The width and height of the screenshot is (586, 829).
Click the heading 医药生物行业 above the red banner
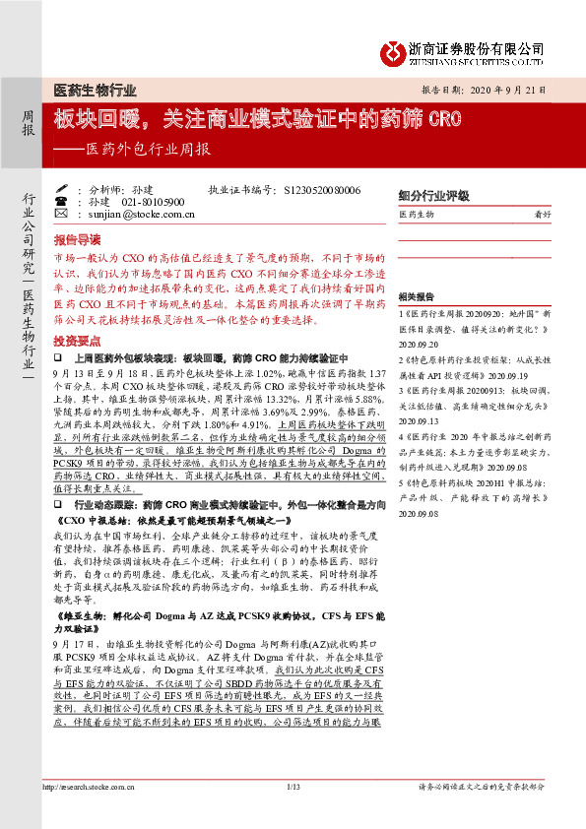click(x=95, y=90)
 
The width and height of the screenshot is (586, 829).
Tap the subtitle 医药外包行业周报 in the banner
click(x=149, y=150)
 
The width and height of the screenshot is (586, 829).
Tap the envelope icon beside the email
click(x=61, y=213)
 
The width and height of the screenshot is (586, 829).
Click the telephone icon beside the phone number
click(x=61, y=201)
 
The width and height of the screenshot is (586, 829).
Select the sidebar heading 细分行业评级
click(x=433, y=195)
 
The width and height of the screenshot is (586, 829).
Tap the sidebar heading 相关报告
click(x=416, y=296)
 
